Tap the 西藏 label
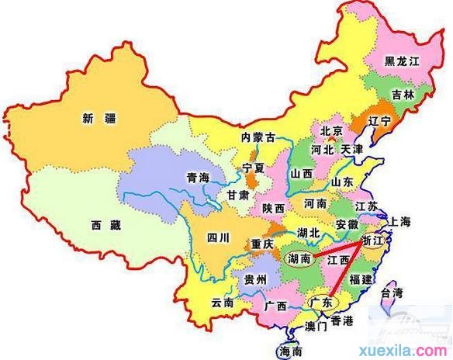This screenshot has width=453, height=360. [105, 226]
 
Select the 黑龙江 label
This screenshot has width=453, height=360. [401, 61]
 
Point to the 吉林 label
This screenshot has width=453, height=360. [402, 95]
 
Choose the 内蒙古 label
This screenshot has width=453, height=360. [258, 137]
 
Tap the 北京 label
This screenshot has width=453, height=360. [331, 131]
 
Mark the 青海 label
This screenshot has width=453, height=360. [199, 178]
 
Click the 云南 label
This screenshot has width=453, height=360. [223, 303]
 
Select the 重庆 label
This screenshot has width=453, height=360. [262, 244]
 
